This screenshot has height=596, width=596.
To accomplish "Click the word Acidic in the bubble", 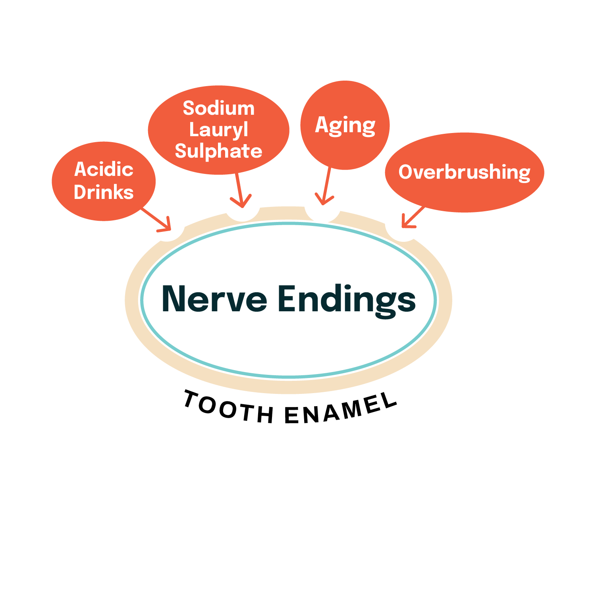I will tap(104, 170).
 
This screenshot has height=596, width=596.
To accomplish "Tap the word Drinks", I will tap(104, 193).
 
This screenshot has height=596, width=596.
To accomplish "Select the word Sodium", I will tap(218, 108).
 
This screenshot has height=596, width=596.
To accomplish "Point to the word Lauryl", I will tap(218, 130).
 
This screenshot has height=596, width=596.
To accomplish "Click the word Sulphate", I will tap(218, 151).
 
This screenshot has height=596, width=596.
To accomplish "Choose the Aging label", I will tap(345, 125).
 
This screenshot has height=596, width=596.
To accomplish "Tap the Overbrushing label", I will tap(464, 172).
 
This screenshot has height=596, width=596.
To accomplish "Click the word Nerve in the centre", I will tap(214, 299).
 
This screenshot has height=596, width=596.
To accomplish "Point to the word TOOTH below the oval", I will tap(228, 407).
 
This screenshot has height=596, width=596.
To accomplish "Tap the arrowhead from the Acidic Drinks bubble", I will tap(167, 226).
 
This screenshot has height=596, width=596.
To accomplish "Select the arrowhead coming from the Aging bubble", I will tap(324, 199).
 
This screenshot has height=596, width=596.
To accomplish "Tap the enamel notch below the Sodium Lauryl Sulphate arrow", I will tap(243, 214).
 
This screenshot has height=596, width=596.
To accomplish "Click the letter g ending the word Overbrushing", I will tap(524, 174).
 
